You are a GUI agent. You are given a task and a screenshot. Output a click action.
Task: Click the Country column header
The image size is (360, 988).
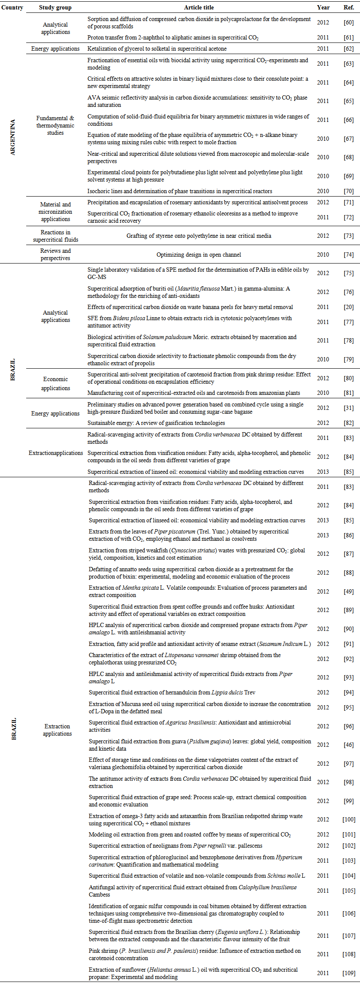click(12, 7)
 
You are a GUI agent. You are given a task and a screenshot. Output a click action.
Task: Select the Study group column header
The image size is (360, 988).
click(55, 7)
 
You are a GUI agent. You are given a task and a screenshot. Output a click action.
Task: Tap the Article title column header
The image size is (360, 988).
click(199, 7)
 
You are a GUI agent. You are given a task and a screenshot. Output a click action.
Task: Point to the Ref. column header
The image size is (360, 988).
click(348, 7)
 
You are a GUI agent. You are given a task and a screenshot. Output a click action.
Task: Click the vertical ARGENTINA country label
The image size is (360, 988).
click(12, 137)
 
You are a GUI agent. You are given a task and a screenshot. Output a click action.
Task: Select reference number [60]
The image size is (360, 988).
click(348, 23)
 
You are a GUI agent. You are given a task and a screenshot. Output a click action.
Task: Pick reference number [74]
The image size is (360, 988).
click(348, 255)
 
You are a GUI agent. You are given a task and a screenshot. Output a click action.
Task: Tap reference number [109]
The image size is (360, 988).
click(348, 973)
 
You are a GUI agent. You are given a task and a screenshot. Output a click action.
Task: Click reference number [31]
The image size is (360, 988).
click(348, 408)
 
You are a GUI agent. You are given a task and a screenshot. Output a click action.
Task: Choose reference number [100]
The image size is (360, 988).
click(348, 820)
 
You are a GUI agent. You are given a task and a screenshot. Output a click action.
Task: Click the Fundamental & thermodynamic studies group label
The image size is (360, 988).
click(55, 125)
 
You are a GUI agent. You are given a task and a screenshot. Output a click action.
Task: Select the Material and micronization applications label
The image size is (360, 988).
click(55, 212)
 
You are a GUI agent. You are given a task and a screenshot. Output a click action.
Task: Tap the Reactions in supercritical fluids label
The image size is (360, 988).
click(55, 236)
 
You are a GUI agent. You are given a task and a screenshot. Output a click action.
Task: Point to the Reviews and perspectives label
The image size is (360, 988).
click(55, 255)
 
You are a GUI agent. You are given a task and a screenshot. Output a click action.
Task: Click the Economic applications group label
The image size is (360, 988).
click(55, 384)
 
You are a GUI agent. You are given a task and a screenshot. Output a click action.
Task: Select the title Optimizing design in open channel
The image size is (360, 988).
click(199, 255)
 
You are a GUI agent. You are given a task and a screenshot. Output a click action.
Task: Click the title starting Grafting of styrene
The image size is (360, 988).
click(199, 236)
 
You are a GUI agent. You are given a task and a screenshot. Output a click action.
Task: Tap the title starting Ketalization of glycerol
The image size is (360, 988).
click(157, 49)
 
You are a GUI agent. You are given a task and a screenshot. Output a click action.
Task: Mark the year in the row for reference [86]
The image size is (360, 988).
click(323, 535)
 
